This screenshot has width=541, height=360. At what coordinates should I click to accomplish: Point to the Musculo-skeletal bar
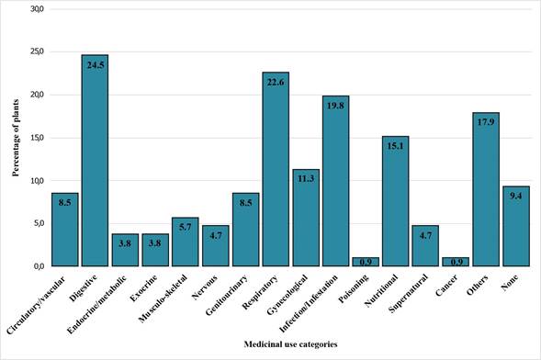click(185, 242)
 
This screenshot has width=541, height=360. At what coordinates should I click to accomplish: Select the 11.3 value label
click(305, 179)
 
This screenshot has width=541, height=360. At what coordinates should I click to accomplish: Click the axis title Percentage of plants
click(16, 138)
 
